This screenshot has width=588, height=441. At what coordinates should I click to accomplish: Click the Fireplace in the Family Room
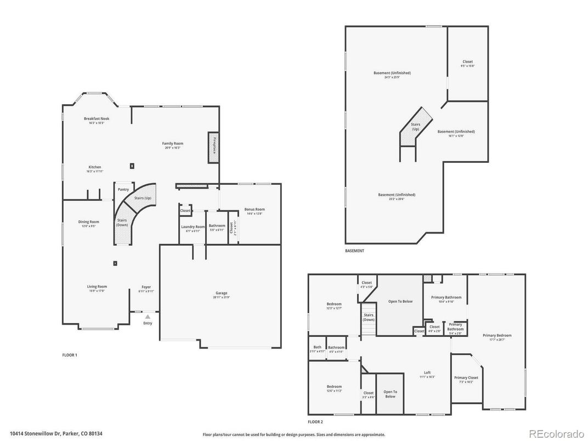click(212, 147)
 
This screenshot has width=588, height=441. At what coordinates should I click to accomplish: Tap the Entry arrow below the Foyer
click(147, 317)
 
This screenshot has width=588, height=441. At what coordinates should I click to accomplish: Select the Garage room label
click(221, 293)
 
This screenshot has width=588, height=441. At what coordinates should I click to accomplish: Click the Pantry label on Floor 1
click(123, 189)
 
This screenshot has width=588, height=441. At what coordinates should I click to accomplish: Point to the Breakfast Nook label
click(97, 118)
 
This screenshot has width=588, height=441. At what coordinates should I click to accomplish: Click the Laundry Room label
click(193, 227)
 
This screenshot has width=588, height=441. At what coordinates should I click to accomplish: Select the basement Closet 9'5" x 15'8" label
click(467, 62)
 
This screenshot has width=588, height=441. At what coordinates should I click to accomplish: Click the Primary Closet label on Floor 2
click(465, 377)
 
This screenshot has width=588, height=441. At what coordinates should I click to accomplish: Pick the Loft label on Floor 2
click(427, 372)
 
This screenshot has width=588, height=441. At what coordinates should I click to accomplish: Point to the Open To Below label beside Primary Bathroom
click(401, 301)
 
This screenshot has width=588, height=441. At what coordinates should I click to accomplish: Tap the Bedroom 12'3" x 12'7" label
click(334, 304)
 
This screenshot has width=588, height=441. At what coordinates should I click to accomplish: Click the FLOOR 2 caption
click(315, 422)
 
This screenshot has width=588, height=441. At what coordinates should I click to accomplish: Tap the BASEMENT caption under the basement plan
click(354, 251)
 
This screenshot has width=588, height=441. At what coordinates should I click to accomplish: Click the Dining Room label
click(88, 222)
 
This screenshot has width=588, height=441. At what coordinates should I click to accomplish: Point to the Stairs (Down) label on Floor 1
click(122, 222)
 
